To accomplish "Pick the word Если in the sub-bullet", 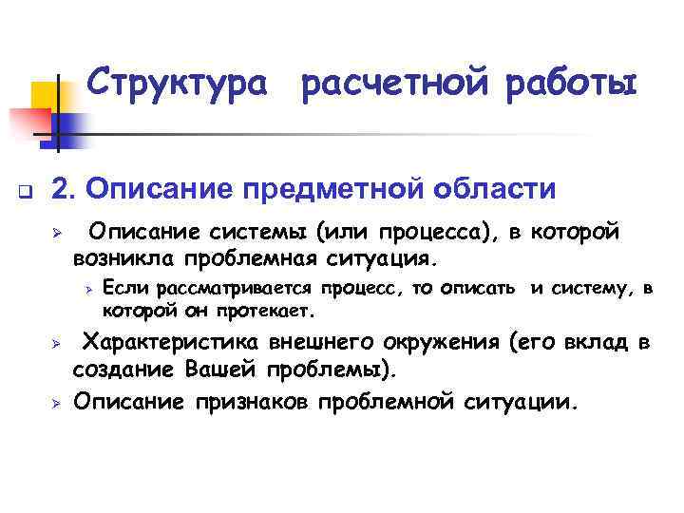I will [x=120, y=288].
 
